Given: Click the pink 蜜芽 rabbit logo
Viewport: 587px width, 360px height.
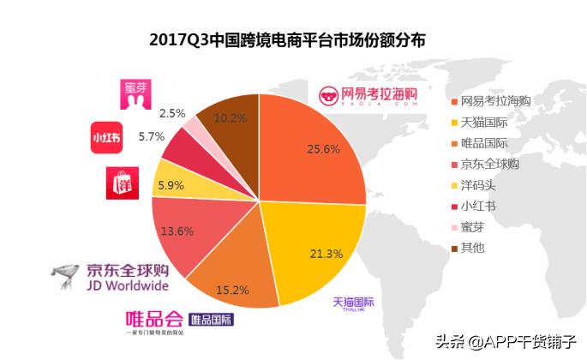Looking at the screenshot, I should pyautogui.click(x=136, y=99).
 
